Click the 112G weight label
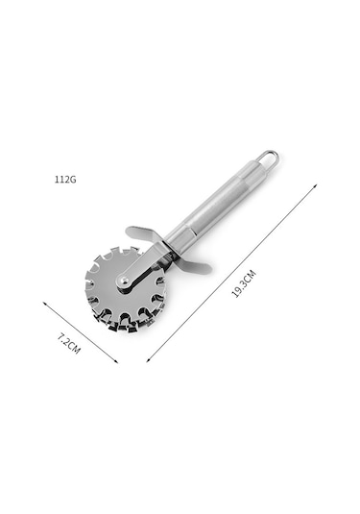pyautogui.click(x=65, y=180)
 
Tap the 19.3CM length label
pyautogui.click(x=244, y=283)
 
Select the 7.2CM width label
pyautogui.click(x=68, y=343)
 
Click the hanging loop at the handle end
pyautogui.click(x=268, y=157)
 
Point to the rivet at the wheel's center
pyautogui.click(x=125, y=280)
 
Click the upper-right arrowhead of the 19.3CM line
pyautogui.click(x=315, y=185)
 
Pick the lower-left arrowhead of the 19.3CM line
pyautogui.click(x=149, y=360)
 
